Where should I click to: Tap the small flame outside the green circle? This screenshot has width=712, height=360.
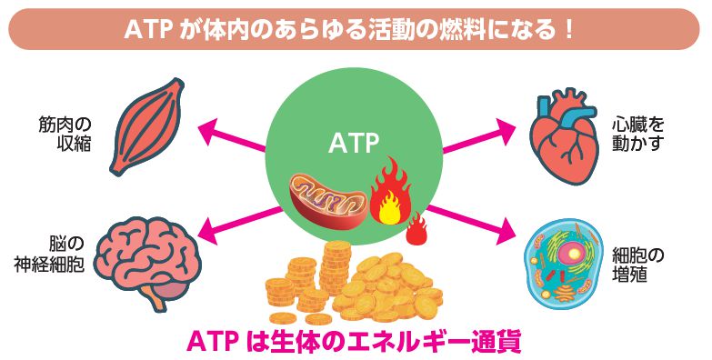click(x=417, y=231)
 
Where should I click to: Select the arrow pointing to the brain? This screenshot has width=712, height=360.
click(x=233, y=221)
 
